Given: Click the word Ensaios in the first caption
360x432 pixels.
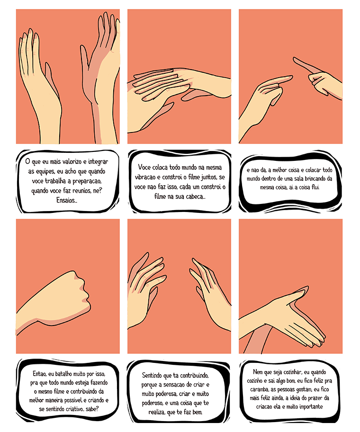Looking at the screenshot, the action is tap(66, 201).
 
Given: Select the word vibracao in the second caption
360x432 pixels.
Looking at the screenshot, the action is tap(145, 177).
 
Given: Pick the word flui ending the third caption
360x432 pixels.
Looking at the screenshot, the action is tap(315, 187).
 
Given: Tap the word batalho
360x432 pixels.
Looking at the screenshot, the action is tap(66, 374).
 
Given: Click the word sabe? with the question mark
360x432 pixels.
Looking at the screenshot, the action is tap(92, 409).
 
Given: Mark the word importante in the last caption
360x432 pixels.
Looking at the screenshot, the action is tap(311, 406).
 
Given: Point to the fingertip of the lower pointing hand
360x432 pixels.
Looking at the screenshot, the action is tap(291, 78).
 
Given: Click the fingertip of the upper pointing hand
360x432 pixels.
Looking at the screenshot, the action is tap(294, 59).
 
